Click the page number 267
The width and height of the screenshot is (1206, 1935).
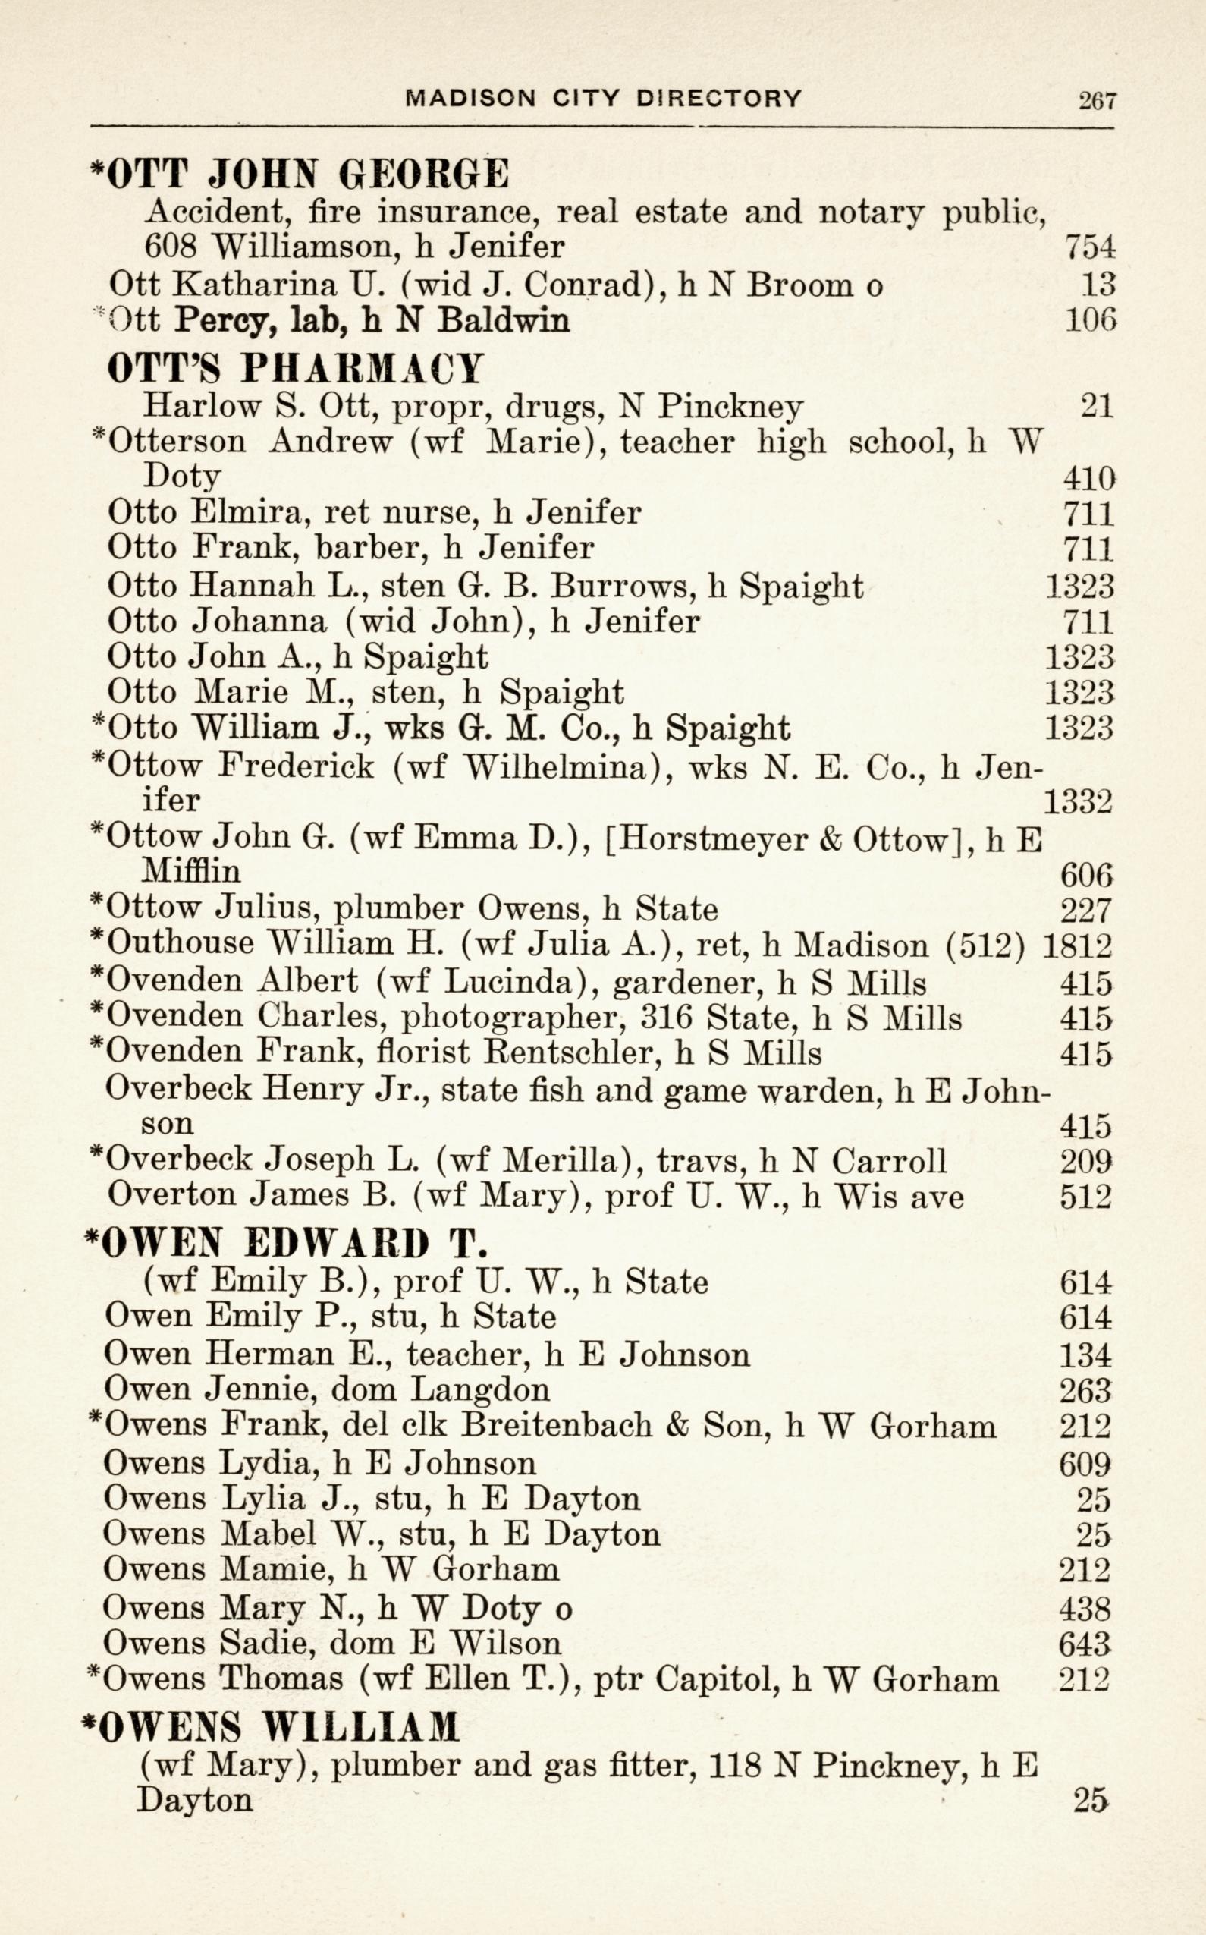tap(1097, 100)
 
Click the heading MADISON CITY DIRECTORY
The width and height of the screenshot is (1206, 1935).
tap(603, 98)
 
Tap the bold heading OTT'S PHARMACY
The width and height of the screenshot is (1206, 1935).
tap(295, 369)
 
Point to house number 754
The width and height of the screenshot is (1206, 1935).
tap(1089, 247)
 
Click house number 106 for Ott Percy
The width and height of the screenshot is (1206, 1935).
tap(1089, 321)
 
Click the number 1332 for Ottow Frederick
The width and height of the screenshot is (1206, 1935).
tap(1078, 801)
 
